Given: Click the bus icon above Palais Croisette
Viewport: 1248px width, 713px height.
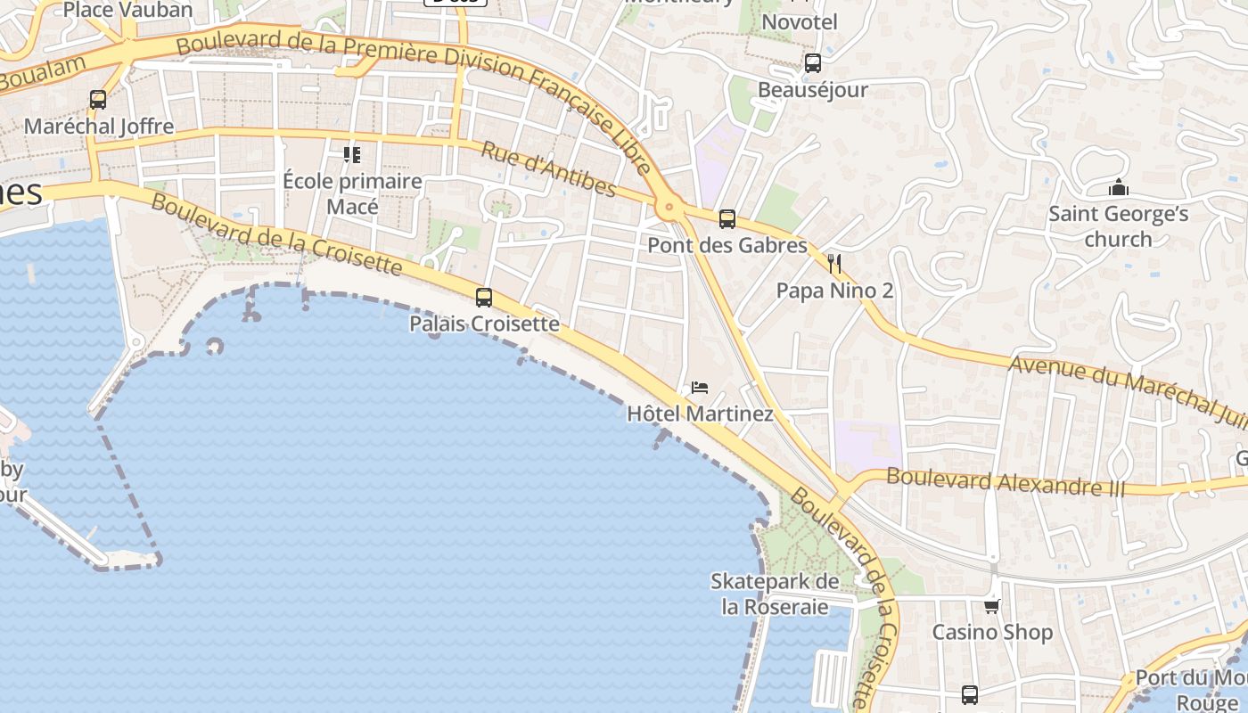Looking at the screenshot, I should pyautogui.click(x=484, y=298).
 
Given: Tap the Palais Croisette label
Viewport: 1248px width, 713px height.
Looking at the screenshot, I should pyautogui.click(x=484, y=324).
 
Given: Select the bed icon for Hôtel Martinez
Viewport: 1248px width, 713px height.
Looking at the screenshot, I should pyautogui.click(x=700, y=388).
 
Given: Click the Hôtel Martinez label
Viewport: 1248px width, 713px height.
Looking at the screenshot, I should pyautogui.click(x=700, y=414).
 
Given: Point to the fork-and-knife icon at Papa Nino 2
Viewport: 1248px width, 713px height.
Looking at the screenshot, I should pyautogui.click(x=834, y=263).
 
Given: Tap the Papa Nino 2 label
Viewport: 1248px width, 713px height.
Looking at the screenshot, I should pyautogui.click(x=834, y=291).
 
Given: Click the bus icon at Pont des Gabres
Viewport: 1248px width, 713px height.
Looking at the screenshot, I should pyautogui.click(x=727, y=218).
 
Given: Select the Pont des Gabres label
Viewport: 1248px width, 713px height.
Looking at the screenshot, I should pyautogui.click(x=727, y=245).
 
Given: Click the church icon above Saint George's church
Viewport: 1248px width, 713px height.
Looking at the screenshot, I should pyautogui.click(x=1118, y=187).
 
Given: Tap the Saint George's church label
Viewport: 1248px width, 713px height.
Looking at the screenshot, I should pyautogui.click(x=1118, y=226).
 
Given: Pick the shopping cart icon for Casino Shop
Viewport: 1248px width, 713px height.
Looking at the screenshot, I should pyautogui.click(x=991, y=606).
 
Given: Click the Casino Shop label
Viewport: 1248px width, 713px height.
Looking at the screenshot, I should pyautogui.click(x=992, y=632).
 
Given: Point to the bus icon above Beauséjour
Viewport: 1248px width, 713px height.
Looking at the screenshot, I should pyautogui.click(x=812, y=63).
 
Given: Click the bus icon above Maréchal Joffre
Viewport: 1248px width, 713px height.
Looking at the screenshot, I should pyautogui.click(x=98, y=100).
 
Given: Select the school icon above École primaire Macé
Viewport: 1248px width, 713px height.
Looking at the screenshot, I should pyautogui.click(x=352, y=155).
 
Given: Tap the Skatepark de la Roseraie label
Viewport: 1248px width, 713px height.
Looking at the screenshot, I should pyautogui.click(x=775, y=594).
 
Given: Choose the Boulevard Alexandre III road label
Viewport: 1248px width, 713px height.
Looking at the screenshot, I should pyautogui.click(x=1006, y=482).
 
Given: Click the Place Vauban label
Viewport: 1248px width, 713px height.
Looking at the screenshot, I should pyautogui.click(x=128, y=11).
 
